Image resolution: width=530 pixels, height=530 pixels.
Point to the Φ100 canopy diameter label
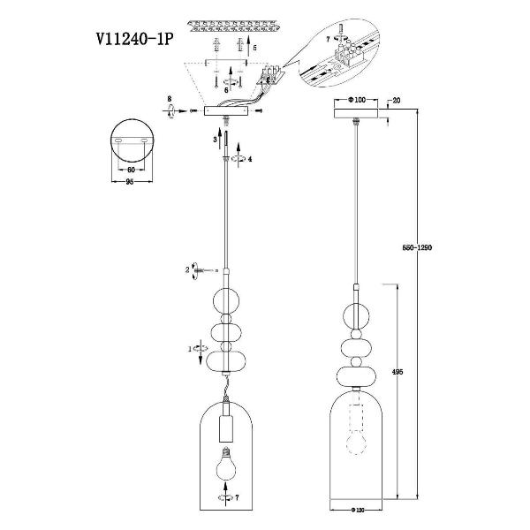click(x=357, y=100)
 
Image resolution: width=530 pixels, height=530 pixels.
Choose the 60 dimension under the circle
click(x=131, y=168)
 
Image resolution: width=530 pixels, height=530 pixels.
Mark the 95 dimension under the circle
click(x=131, y=183)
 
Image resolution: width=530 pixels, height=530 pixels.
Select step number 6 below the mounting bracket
click(x=226, y=89)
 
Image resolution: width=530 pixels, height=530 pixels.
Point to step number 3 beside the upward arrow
click(x=215, y=140)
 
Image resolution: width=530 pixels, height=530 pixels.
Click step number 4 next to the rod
click(x=250, y=160)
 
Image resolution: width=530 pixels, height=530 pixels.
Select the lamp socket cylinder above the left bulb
click(x=226, y=422)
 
